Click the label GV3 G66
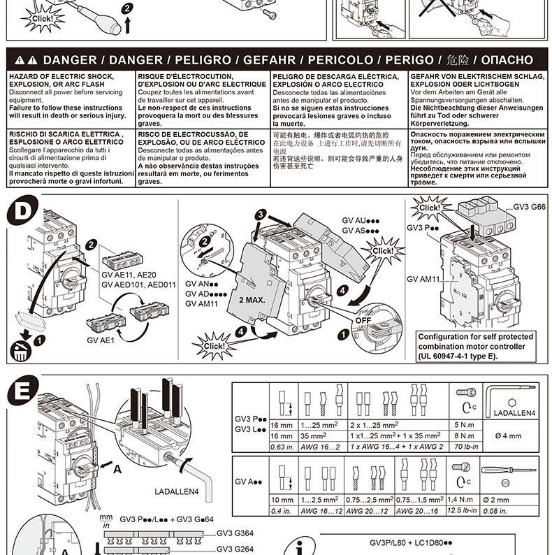(530, 208)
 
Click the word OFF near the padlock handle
(363, 321)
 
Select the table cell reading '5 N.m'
(465, 424)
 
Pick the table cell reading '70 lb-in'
(467, 445)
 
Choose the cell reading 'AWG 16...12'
(322, 511)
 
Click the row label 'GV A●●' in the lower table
(249, 482)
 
